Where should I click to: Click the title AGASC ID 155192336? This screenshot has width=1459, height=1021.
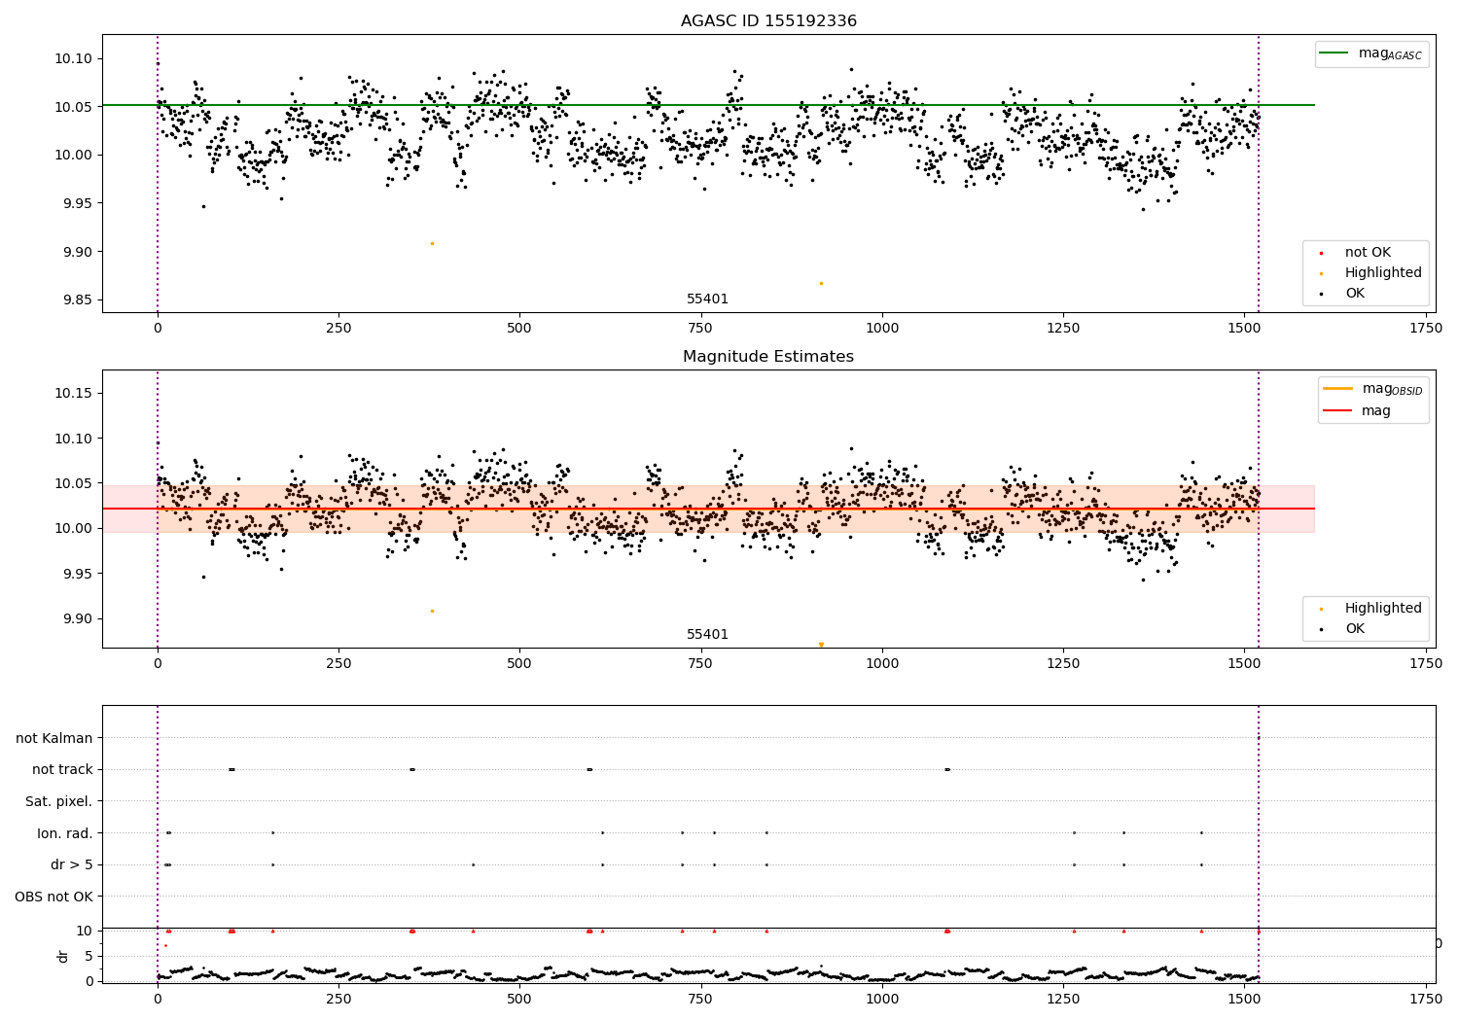(768, 21)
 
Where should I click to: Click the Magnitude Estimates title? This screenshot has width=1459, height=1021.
(768, 357)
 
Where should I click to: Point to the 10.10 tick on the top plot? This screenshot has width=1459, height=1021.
(73, 58)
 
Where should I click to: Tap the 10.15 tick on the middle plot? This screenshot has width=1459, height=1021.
(73, 393)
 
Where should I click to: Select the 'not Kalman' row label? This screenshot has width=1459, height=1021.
(54, 738)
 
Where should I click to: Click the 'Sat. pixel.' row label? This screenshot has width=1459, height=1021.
(58, 801)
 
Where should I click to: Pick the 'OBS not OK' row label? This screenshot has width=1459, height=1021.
(53, 897)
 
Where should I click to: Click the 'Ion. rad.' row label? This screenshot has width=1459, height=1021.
(64, 833)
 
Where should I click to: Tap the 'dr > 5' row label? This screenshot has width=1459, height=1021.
(71, 864)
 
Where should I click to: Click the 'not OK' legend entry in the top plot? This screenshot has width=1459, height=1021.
(1368, 253)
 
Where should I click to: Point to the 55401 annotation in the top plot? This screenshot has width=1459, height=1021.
(707, 299)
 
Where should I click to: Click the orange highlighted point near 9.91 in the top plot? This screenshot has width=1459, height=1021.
(432, 243)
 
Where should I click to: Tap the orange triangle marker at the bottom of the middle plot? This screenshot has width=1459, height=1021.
(821, 645)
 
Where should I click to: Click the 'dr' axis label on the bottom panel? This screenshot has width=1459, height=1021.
(63, 956)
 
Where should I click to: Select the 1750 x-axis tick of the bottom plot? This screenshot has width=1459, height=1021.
(1426, 998)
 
